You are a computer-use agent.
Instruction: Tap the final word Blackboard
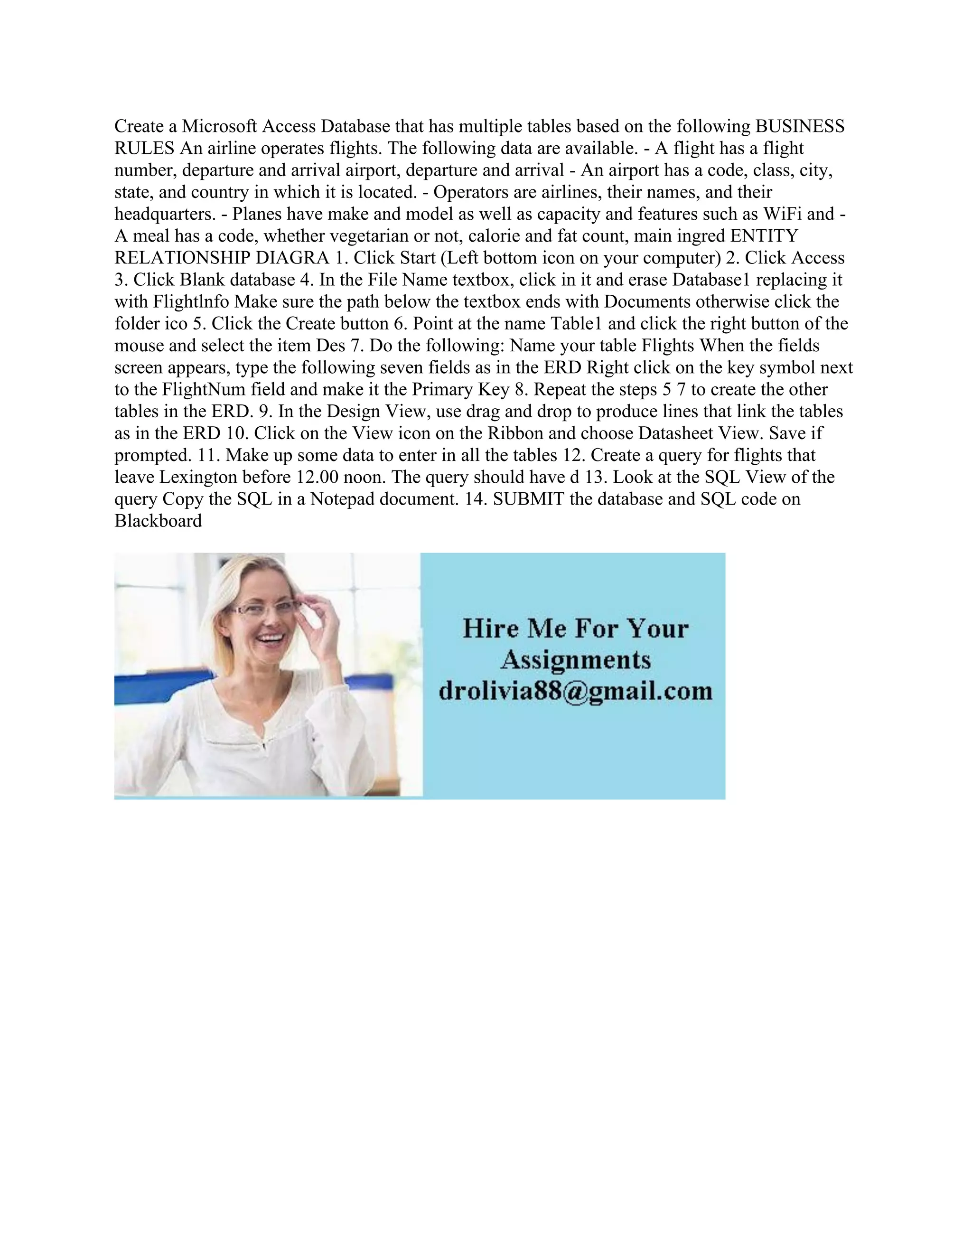[159, 521]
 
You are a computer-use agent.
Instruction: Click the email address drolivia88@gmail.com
[575, 690]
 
